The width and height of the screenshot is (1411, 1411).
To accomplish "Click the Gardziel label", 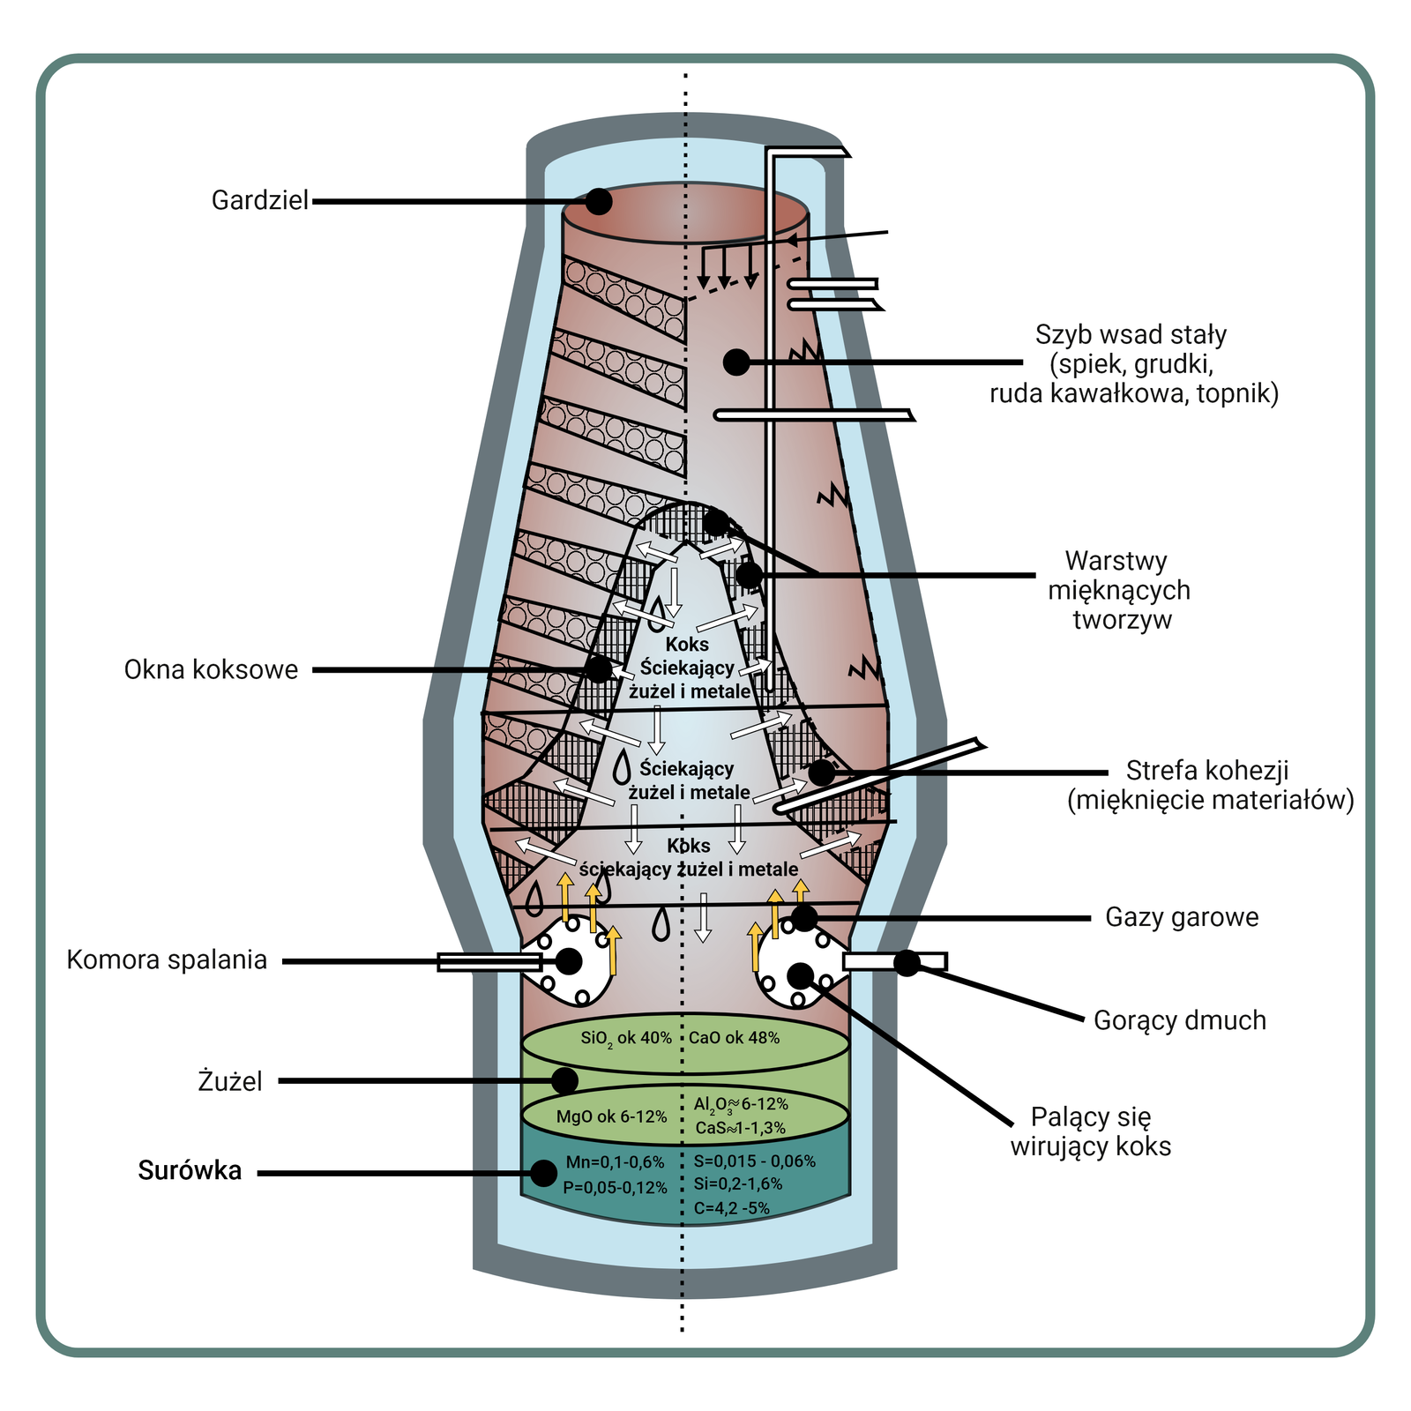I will click(x=260, y=201).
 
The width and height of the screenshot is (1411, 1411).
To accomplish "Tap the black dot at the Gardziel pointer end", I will click(x=599, y=201).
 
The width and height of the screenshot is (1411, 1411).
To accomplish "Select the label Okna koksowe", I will click(x=211, y=669).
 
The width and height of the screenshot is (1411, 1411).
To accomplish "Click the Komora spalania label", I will click(x=167, y=959).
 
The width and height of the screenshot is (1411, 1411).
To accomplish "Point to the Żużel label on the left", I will click(x=230, y=1081).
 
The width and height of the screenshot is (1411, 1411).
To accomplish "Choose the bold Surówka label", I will click(x=190, y=1171).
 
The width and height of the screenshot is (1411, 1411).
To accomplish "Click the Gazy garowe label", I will click(x=1182, y=917).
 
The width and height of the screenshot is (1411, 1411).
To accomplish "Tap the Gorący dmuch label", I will click(x=1180, y=1020).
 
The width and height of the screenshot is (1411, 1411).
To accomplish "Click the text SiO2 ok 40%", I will click(x=626, y=1039).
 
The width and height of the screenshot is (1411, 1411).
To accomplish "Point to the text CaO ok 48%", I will click(x=734, y=1039).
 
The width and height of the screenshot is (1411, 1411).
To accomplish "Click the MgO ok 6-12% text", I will click(x=611, y=1117).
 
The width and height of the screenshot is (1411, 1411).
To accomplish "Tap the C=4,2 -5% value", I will click(x=731, y=1208).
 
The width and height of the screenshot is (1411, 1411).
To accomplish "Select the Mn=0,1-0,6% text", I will click(x=615, y=1163).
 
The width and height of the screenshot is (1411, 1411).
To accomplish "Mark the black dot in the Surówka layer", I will click(x=543, y=1173).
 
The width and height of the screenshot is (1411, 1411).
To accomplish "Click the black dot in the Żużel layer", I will click(x=564, y=1080).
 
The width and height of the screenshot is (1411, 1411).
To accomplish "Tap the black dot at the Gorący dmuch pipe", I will click(x=907, y=962).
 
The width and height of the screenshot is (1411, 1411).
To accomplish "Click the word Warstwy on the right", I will click(x=1116, y=561).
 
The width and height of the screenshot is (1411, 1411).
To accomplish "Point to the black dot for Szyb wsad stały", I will click(x=736, y=362).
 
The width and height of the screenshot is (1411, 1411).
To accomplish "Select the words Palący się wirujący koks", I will click(x=1091, y=1131).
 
